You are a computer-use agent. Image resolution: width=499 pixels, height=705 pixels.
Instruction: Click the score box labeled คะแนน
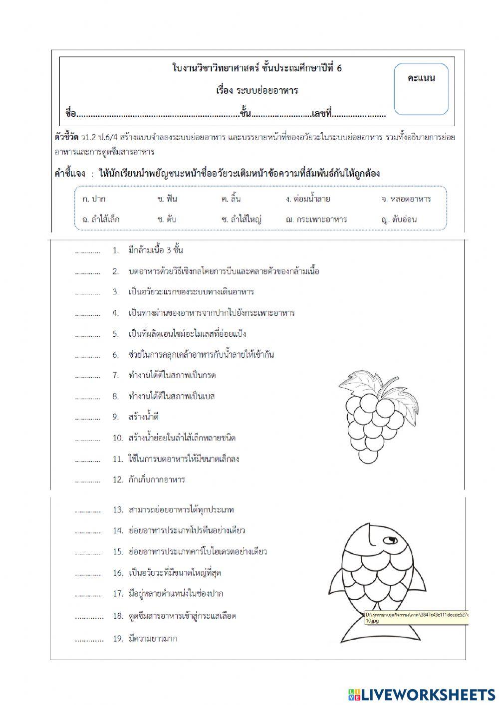(421, 89)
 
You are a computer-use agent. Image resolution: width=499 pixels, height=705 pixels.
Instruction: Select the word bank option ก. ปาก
(94, 199)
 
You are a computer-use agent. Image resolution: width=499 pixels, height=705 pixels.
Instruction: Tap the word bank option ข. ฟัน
(167, 199)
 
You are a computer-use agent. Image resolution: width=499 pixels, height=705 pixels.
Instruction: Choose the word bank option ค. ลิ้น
(231, 199)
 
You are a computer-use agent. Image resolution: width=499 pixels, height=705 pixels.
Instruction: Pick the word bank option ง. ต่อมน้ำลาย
(308, 199)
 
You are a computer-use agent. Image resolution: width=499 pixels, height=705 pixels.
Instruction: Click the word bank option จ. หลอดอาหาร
(405, 199)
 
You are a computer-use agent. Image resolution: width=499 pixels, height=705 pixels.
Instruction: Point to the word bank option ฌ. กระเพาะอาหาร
(316, 219)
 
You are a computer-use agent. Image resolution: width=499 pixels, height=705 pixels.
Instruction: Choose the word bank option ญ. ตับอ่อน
(398, 219)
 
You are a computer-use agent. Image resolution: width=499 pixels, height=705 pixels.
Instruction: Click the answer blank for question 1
(87, 251)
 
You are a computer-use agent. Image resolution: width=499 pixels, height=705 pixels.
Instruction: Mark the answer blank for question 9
(87, 418)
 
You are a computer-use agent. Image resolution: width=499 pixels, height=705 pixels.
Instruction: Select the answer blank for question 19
(89, 639)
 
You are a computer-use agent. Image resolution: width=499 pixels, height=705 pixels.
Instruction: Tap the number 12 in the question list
(117, 480)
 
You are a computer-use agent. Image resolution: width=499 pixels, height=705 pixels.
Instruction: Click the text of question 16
(175, 573)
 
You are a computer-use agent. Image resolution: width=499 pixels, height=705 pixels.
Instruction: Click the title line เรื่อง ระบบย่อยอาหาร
(257, 90)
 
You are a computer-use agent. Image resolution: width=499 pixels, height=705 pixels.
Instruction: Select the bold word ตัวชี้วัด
(66, 137)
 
